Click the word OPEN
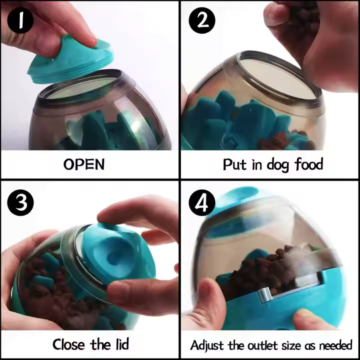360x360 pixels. (84, 165)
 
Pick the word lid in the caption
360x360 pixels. (120, 344)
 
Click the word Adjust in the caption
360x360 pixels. (207, 345)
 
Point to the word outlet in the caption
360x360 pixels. (263, 345)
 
